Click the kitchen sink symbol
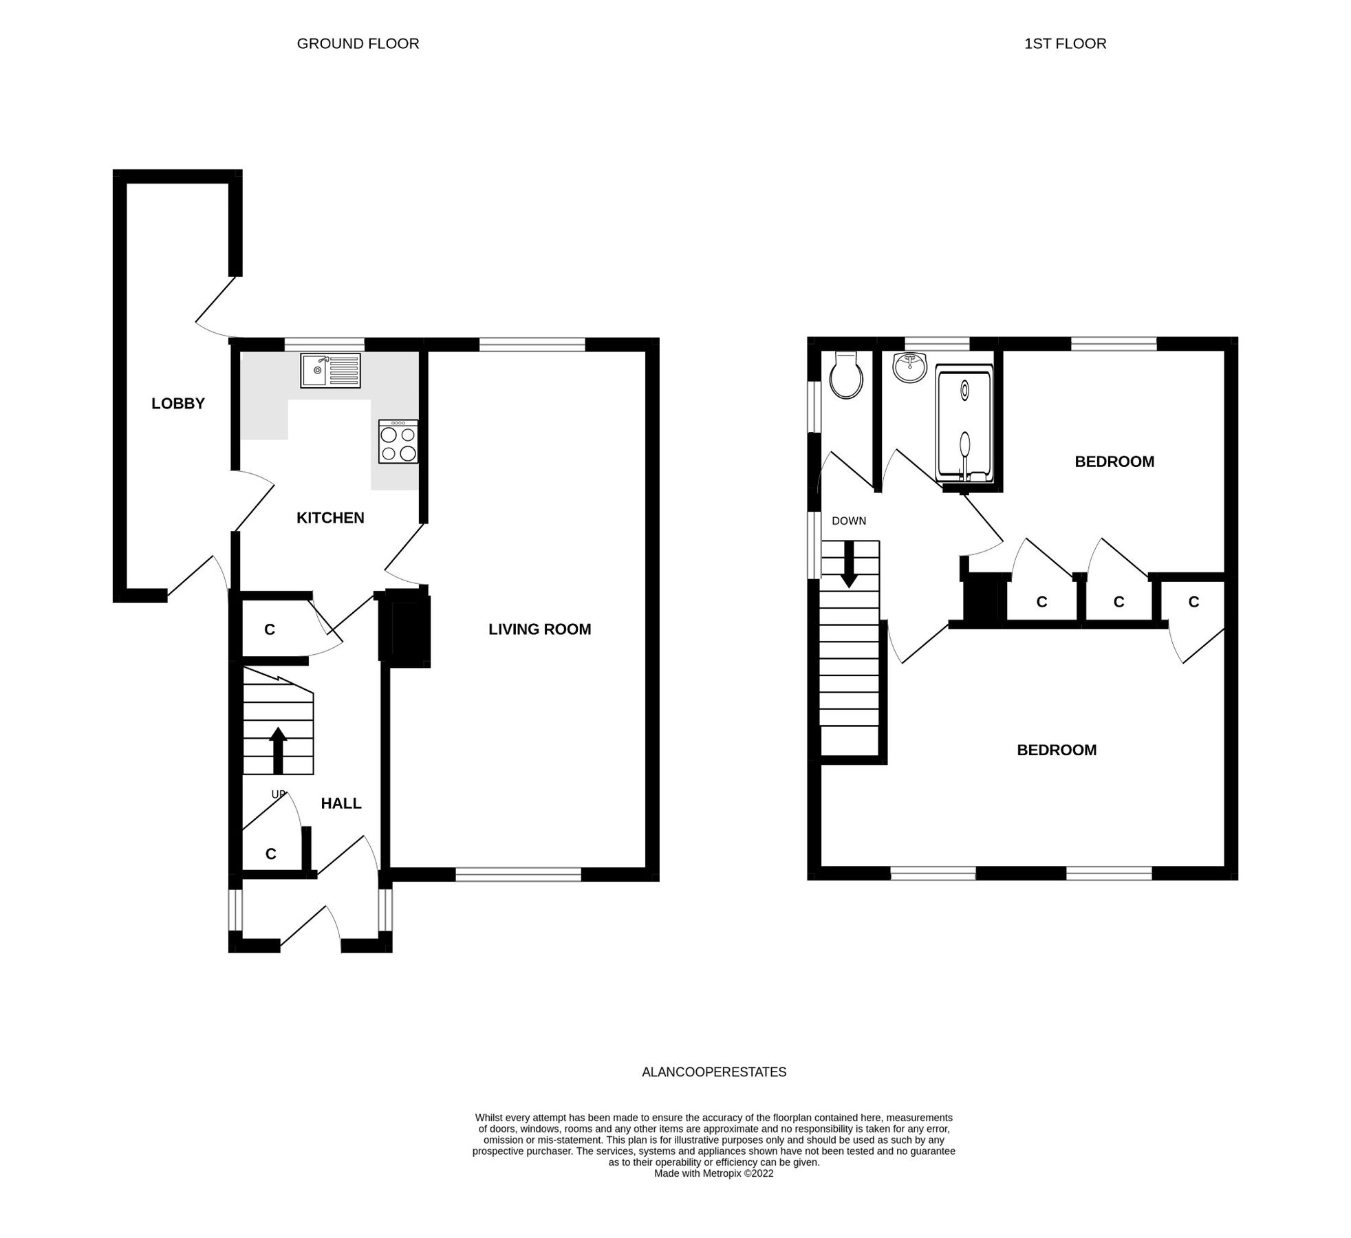coord(330,370)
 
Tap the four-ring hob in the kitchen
coord(398,442)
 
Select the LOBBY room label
coord(178,404)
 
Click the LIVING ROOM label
coord(539,629)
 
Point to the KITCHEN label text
coord(330,518)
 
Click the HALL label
coord(341,803)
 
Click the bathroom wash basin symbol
coord(910,367)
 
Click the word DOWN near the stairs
coord(849,521)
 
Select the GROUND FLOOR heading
coord(358,43)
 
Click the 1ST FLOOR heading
coord(1065,43)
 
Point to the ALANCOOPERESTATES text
coord(713,1072)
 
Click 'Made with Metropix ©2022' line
coord(713,1173)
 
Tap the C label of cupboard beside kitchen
coord(270,629)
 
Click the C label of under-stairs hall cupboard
coord(271,854)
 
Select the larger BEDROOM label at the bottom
coord(1057,750)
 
